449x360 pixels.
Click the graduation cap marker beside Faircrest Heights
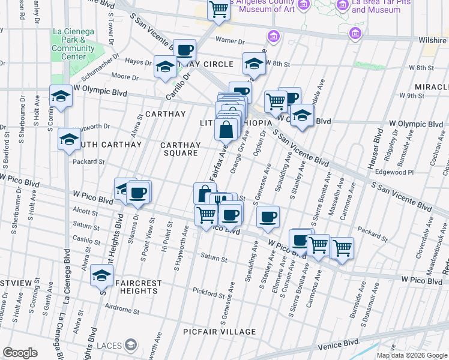tap(101, 276)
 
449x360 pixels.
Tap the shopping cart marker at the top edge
tap(218, 10)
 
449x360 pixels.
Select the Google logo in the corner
tap(20, 353)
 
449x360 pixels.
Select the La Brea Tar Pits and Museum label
tap(376, 7)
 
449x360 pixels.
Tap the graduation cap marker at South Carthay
tap(69, 140)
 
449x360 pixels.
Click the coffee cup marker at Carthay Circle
tap(184, 50)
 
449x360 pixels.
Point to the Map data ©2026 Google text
tap(412, 355)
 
